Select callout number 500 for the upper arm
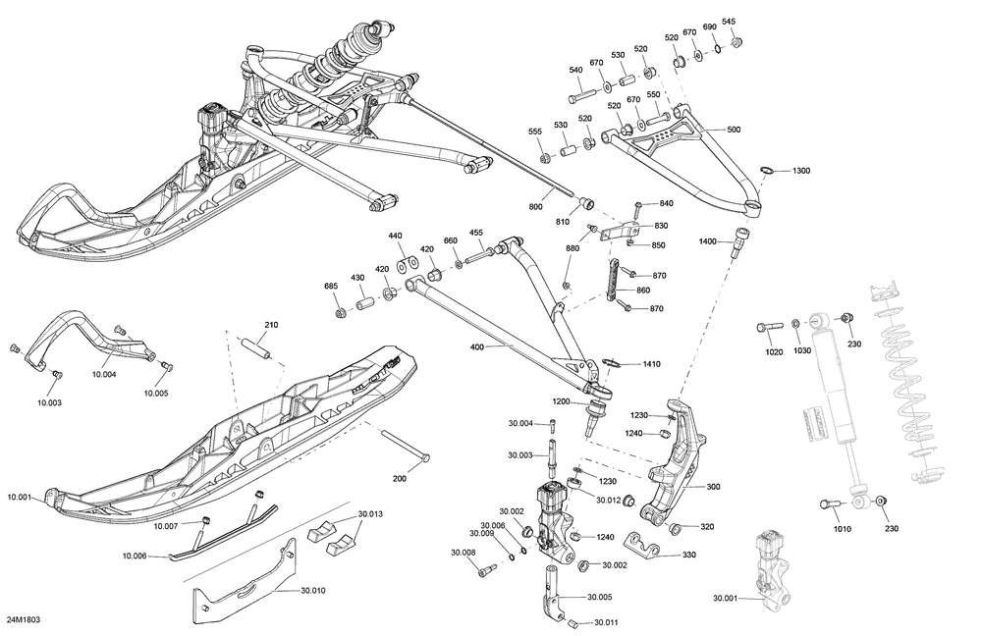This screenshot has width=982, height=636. tap(734, 130)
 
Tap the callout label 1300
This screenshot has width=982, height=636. tap(801, 171)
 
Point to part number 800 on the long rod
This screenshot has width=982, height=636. tap(535, 207)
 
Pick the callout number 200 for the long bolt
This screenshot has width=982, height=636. tap(399, 479)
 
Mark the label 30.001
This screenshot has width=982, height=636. tap(728, 598)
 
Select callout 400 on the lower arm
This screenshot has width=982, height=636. tap(477, 347)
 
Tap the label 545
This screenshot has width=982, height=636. tap(729, 22)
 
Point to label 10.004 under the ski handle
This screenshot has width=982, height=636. tap(104, 374)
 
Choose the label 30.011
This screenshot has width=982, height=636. tap(606, 622)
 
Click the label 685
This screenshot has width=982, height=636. tap(331, 286)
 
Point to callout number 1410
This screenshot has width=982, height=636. tap(651, 364)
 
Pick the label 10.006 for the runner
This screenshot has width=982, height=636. tap(134, 556)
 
